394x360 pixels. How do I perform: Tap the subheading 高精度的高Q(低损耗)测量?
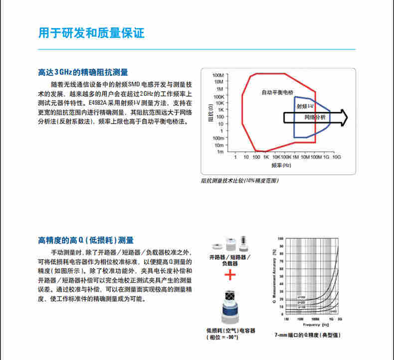pos(86,241)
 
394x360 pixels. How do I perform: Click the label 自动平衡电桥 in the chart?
pos(278,93)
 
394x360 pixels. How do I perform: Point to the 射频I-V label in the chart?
pos(304,107)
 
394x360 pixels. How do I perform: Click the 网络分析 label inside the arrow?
pos(315,117)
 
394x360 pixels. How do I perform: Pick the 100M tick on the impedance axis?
pos(218,75)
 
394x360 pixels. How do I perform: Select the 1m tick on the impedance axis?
pos(220,151)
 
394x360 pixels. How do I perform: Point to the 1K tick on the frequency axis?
pos(266,157)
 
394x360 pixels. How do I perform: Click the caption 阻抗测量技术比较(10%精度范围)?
pos(239,180)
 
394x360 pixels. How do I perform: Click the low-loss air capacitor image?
pos(229,305)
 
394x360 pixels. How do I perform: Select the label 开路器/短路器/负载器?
pos(229,260)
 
